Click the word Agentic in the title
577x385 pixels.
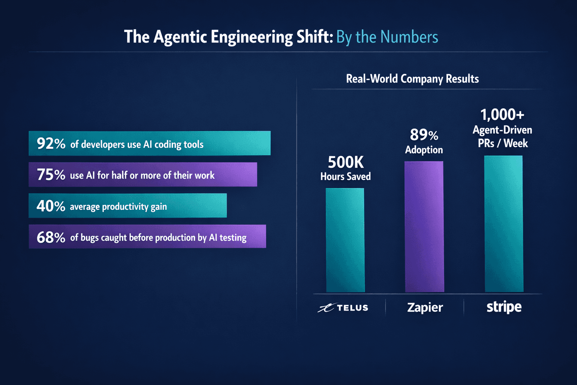pos(180,37)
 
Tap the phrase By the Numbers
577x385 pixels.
pos(387,37)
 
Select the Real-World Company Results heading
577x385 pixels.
pos(412,79)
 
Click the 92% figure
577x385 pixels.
pos(51,144)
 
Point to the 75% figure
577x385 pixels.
pos(51,175)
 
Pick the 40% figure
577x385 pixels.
pos(51,206)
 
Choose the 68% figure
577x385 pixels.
pos(51,237)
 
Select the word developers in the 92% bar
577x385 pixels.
pos(103,145)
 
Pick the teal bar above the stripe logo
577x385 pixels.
pos(503,224)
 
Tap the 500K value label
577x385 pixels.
pos(346,162)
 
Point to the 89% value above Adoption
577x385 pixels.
pos(424,135)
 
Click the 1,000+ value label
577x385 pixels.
pos(502,115)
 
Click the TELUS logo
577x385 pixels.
pos(343,308)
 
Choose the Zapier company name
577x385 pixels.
pos(425,308)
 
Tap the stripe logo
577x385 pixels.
pos(504,307)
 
